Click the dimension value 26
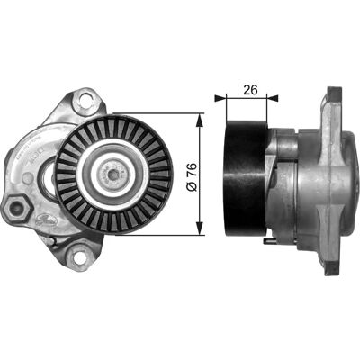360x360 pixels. pyautogui.click(x=250, y=90)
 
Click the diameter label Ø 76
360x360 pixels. pyautogui.click(x=192, y=177)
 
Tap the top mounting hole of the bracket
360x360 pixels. pyautogui.click(x=85, y=100)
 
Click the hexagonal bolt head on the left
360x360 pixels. pyautogui.click(x=16, y=207)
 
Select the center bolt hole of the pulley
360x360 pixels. pyautogui.click(x=112, y=175)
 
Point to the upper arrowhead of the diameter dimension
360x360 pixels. pyautogui.click(x=200, y=120)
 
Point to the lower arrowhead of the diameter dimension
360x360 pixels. pyautogui.click(x=200, y=229)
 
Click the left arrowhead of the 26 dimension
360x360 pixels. pyautogui.click(x=220, y=97)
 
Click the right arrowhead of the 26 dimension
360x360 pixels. pyautogui.click(x=273, y=97)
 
